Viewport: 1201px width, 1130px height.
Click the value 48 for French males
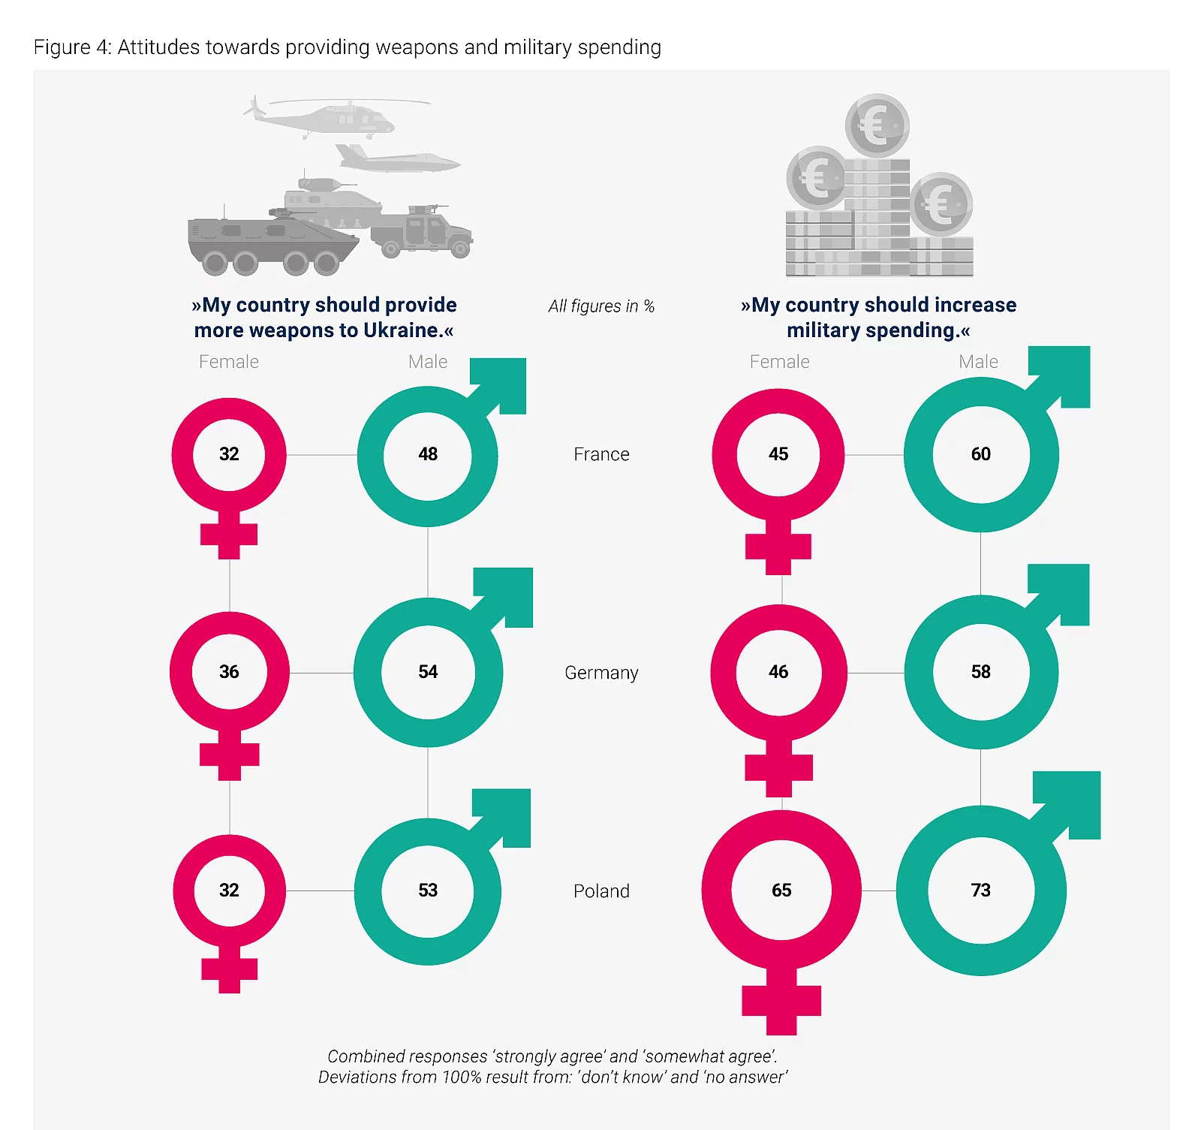tap(428, 454)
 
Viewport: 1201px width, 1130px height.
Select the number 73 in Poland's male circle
tap(980, 890)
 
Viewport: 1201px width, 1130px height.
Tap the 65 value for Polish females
tap(781, 890)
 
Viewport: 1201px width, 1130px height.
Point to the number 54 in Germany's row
tap(428, 671)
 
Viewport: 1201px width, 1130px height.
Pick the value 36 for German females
tap(229, 671)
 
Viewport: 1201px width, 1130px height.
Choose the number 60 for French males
tap(980, 454)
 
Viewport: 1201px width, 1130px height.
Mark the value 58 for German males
tap(980, 671)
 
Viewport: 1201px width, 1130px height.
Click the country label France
tap(601, 454)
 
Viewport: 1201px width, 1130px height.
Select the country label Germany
tap(601, 673)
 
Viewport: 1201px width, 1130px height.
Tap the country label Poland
tap(601, 890)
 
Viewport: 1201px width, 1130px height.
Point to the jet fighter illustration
tap(398, 158)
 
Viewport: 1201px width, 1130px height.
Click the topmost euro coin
tap(877, 125)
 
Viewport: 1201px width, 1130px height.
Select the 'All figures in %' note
tap(601, 306)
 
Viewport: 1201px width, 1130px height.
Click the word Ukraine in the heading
tap(402, 330)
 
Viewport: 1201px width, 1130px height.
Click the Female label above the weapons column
tap(229, 362)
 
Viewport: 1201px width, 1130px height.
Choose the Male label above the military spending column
tap(978, 362)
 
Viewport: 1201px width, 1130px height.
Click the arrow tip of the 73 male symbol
tap(1100, 772)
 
